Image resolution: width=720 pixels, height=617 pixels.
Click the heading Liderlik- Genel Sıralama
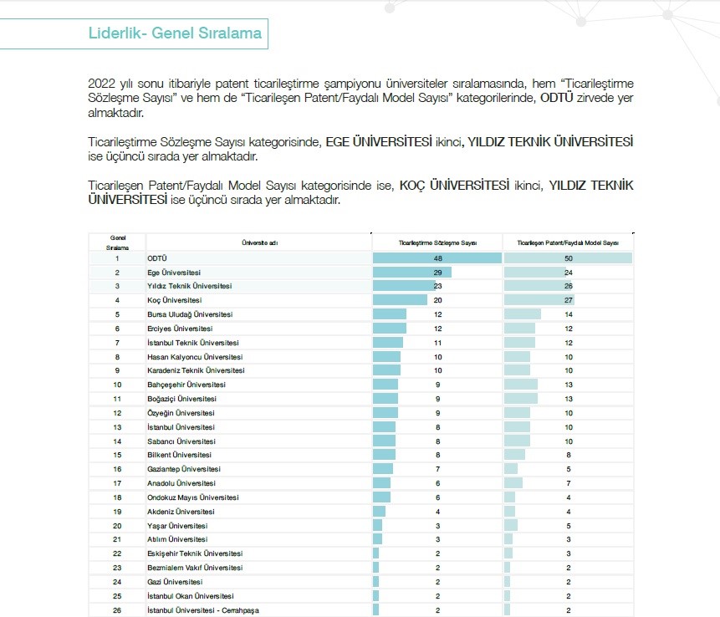[175, 33]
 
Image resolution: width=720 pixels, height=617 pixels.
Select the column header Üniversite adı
[260, 242]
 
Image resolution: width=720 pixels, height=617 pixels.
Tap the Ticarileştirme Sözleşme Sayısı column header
[437, 242]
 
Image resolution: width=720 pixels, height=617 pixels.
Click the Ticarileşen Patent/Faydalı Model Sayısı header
[568, 242]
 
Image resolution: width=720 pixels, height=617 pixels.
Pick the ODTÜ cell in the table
[156, 258]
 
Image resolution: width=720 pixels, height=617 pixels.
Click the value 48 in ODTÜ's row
[437, 258]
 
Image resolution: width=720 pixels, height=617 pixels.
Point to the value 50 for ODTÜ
[569, 258]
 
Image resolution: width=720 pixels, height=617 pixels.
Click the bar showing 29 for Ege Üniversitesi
[412, 273]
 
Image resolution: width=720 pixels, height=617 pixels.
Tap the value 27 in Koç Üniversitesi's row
[569, 300]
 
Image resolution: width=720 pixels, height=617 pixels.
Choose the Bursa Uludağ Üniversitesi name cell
[190, 314]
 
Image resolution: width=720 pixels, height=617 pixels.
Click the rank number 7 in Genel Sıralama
[118, 343]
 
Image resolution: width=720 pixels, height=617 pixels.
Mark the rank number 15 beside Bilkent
[118, 455]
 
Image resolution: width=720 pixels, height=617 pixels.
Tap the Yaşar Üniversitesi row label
[177, 526]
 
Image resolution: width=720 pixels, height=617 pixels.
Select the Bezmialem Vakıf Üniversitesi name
[194, 568]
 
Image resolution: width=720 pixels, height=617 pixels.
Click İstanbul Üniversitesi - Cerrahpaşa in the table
[203, 610]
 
